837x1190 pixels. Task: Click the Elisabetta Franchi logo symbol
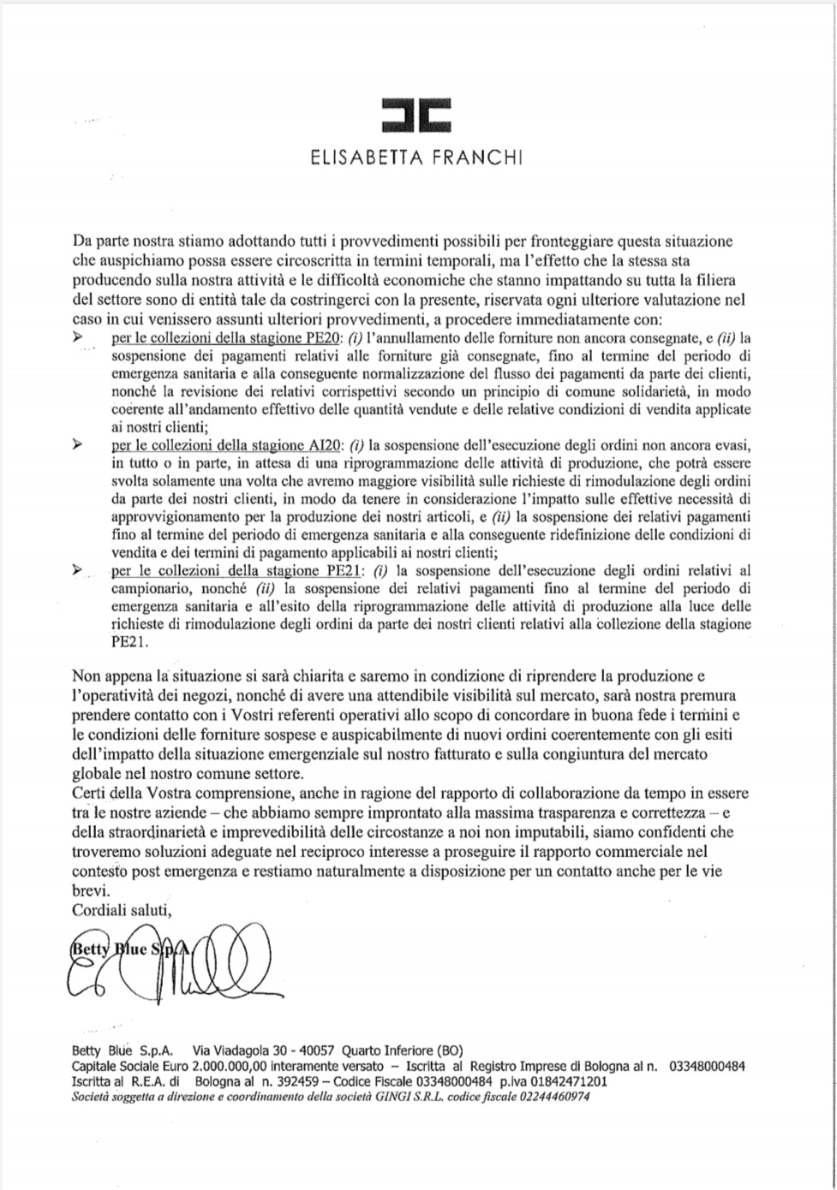click(416, 115)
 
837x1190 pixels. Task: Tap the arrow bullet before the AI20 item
click(79, 445)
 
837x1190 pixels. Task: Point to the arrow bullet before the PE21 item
click(79, 569)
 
